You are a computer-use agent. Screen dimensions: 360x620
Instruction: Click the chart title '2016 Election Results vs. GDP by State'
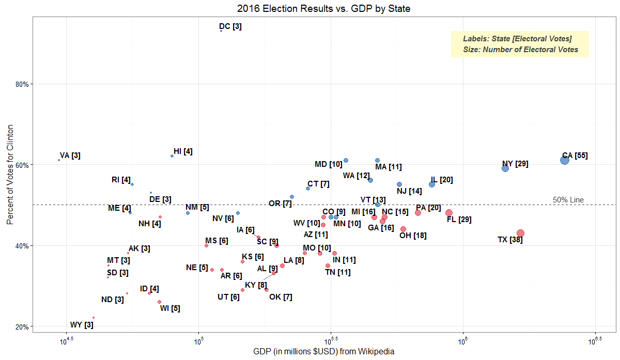(323, 9)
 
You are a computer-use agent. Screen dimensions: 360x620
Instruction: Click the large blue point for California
(564, 160)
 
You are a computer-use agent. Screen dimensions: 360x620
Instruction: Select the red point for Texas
(520, 233)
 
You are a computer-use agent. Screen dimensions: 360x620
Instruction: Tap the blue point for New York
(505, 168)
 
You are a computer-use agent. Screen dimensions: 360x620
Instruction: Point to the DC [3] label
(230, 26)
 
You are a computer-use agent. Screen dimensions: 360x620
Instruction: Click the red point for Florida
(448, 213)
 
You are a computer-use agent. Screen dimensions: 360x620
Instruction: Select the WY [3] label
(82, 325)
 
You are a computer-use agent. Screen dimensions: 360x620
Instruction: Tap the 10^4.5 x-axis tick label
(66, 341)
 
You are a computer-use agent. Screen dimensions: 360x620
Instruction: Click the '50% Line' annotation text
(568, 200)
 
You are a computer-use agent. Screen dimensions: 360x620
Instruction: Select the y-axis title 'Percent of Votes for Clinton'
(10, 175)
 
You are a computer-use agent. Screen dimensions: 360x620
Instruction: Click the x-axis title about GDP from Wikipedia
(324, 352)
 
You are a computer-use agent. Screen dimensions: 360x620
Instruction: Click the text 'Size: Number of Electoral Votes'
(521, 50)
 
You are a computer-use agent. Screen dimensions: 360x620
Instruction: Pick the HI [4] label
(183, 151)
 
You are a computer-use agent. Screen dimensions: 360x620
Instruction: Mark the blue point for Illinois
(432, 184)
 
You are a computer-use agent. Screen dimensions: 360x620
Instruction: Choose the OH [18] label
(413, 236)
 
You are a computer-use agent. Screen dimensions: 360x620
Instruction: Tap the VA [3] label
(70, 155)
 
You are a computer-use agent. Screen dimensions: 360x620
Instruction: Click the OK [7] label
(281, 297)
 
